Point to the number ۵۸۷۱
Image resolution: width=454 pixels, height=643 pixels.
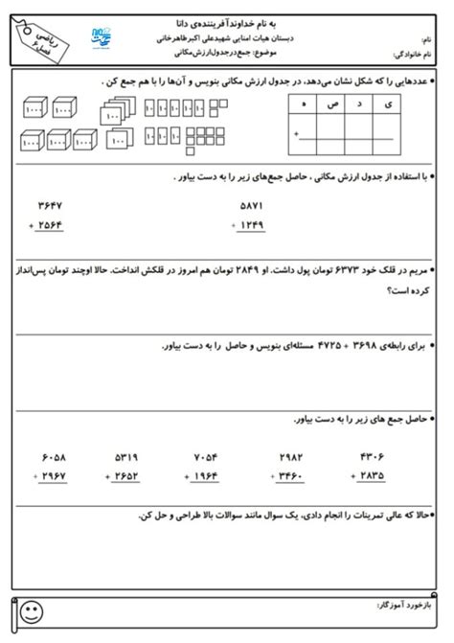tap(252, 206)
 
